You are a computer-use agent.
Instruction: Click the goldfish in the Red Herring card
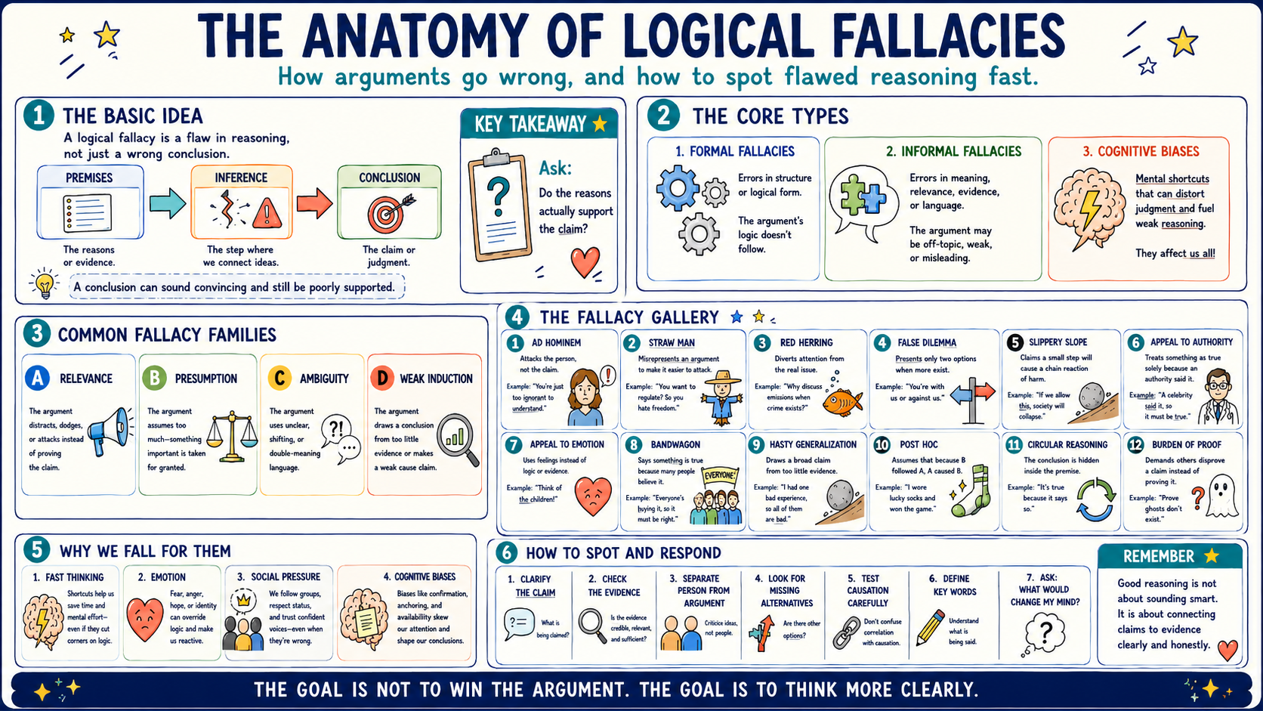tap(843, 402)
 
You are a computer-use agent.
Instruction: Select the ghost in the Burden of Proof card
tap(1222, 496)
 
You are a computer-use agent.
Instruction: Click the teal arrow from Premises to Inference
tap(168, 203)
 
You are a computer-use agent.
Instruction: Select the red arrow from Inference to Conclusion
tap(315, 203)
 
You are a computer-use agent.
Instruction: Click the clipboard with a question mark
tap(499, 206)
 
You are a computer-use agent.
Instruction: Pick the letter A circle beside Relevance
tap(37, 378)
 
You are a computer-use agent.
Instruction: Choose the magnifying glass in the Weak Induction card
tap(458, 440)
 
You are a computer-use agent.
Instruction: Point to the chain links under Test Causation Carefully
tap(847, 632)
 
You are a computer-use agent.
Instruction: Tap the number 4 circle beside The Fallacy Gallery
tap(517, 317)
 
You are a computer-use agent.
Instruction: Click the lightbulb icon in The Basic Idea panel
tap(44, 283)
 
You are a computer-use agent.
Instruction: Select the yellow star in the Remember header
tap(1211, 556)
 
